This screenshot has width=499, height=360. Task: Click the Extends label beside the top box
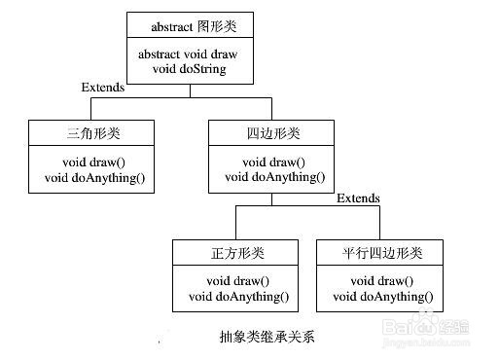102,89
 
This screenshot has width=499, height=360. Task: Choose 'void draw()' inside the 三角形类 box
90,162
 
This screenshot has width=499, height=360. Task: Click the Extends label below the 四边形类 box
358,198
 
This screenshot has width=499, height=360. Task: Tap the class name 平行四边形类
382,253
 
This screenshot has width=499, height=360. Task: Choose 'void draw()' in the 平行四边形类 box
382,281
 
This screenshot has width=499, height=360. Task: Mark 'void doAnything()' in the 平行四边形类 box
382,296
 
